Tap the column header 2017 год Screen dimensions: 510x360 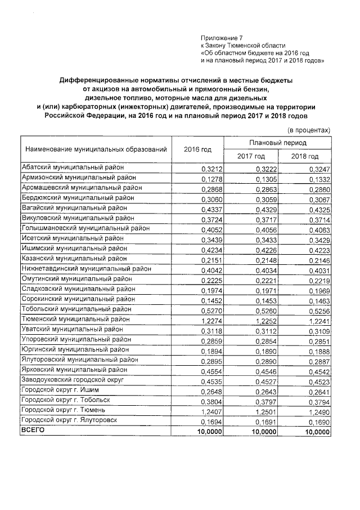pyautogui.click(x=251, y=156)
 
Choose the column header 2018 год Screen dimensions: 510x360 pyautogui.click(x=305, y=156)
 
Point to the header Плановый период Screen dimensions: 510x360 pyautogui.click(x=277, y=143)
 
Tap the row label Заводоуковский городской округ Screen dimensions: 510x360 pyautogui.click(x=71, y=380)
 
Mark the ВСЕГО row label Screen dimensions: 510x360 pyautogui.click(x=32, y=430)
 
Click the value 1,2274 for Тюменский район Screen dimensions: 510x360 pyautogui.click(x=211, y=320)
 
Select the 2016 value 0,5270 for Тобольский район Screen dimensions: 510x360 pyautogui.click(x=211, y=309)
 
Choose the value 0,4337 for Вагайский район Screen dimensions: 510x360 pyautogui.click(x=211, y=209)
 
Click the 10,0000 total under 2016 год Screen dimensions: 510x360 pyautogui.click(x=210, y=431)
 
